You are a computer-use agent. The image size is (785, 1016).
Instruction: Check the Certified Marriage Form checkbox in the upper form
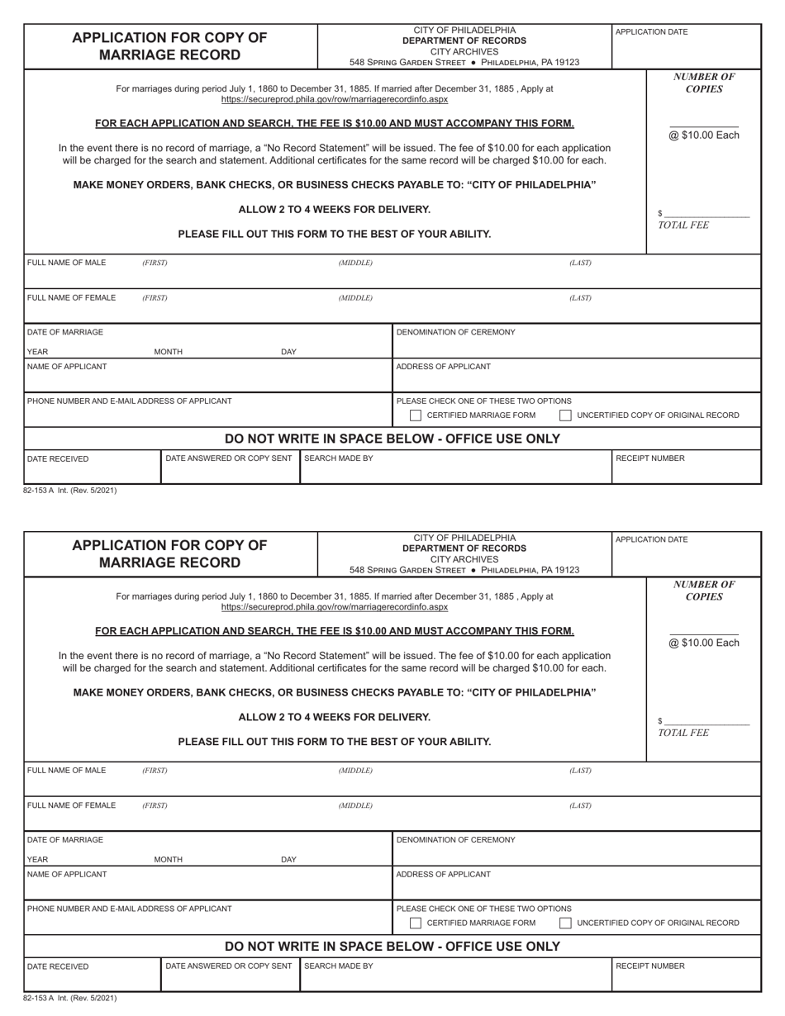[416, 415]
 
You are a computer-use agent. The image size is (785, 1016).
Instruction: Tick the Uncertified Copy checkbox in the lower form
[565, 923]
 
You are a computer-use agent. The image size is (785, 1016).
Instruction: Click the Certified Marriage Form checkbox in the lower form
[416, 923]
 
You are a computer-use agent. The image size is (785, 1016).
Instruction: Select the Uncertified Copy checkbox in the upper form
[565, 415]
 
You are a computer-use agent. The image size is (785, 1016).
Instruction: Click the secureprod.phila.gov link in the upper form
[335, 99]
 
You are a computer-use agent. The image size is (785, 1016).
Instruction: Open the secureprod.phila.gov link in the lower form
[335, 607]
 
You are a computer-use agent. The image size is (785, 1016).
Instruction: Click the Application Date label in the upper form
[651, 32]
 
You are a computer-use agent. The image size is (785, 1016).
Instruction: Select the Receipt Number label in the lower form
[650, 966]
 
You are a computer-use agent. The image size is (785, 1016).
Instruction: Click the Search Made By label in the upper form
[339, 458]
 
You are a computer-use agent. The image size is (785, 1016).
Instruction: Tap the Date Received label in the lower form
[58, 966]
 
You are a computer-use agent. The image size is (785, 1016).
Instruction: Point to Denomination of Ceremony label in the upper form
[455, 332]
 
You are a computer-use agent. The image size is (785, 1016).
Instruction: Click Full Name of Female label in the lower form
[72, 805]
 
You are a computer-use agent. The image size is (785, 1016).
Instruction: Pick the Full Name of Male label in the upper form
[67, 263]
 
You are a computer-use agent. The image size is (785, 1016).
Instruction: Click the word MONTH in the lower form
[169, 860]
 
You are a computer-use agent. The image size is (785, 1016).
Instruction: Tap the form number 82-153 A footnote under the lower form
[70, 998]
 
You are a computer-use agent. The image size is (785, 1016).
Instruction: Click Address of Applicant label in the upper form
[443, 367]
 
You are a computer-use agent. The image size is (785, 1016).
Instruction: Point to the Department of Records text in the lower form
[464, 548]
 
